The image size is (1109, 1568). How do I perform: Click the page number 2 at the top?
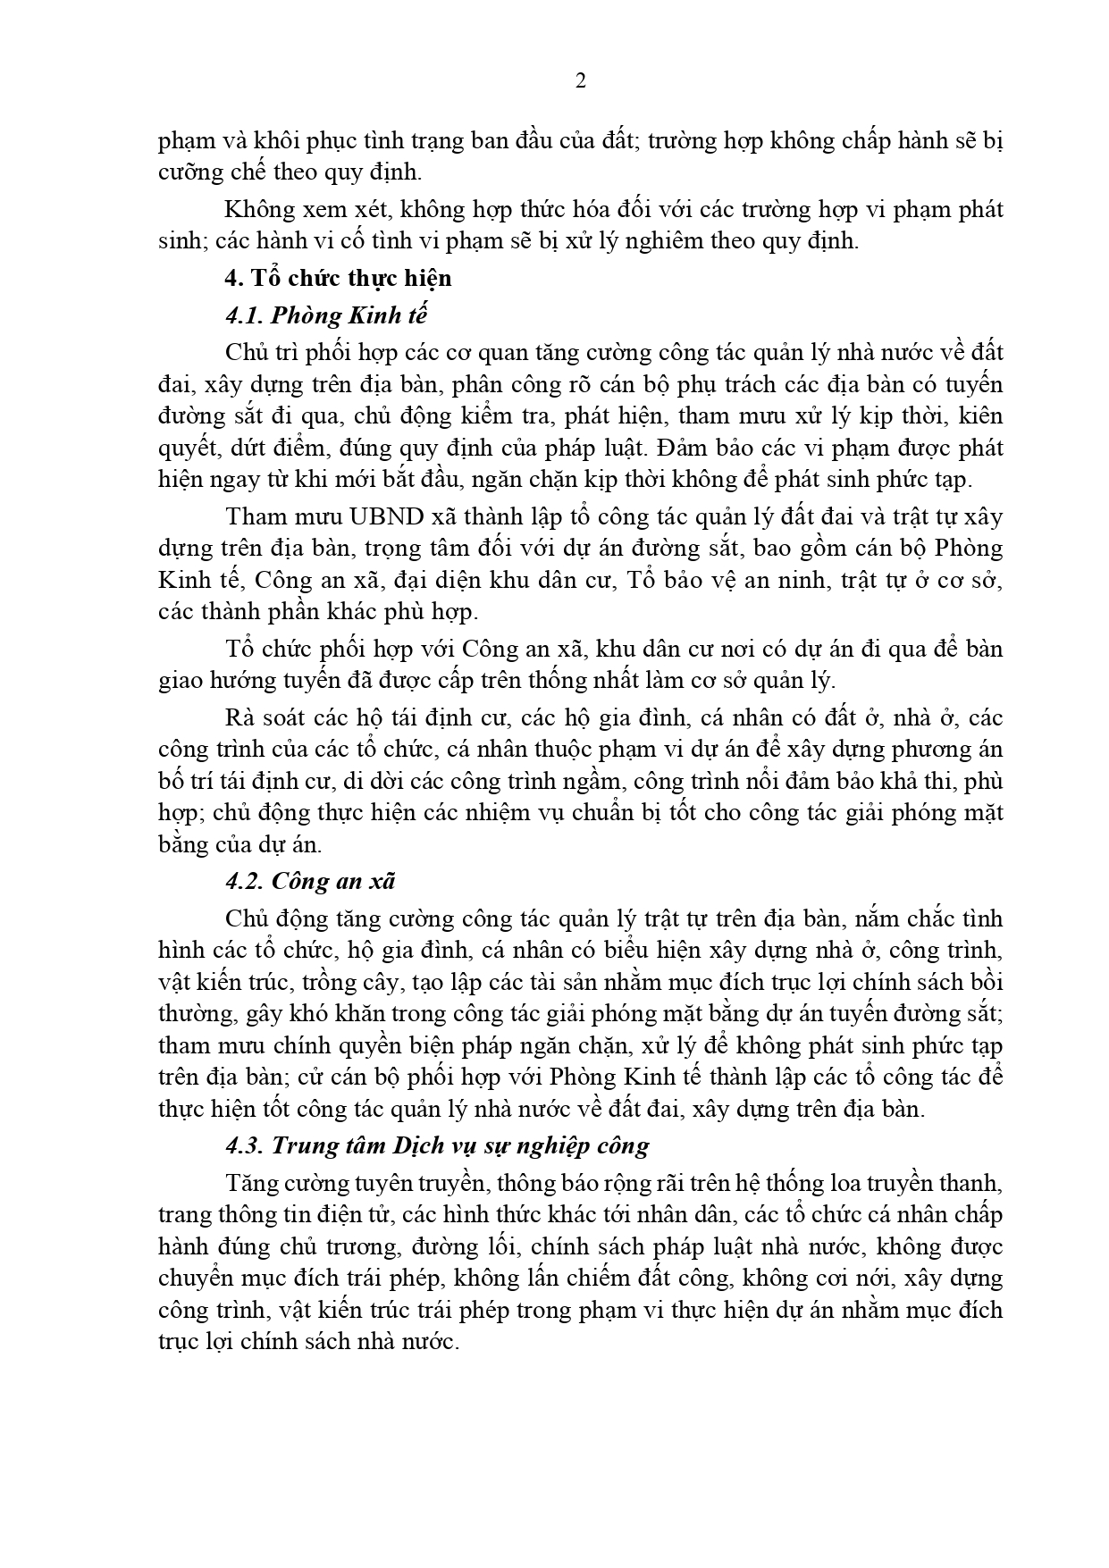click(581, 81)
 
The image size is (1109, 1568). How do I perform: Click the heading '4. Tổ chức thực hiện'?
click(338, 278)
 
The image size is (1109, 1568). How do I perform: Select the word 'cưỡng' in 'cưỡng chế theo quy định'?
click(183, 172)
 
